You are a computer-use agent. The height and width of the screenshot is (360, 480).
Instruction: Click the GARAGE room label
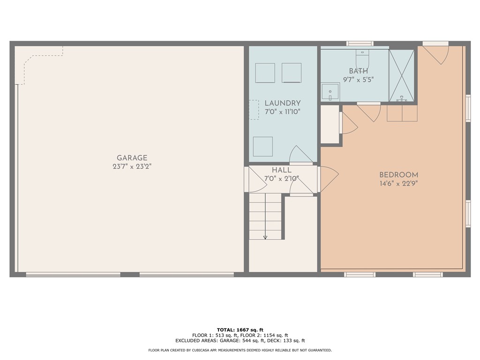point(132,158)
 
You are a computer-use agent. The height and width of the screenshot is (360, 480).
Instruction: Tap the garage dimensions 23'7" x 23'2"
point(132,166)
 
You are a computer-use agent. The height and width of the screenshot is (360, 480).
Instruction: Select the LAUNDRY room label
point(282,103)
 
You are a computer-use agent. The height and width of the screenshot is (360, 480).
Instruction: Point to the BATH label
point(358,71)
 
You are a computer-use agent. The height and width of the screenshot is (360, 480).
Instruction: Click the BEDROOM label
point(398,175)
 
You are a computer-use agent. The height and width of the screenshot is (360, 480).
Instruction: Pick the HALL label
point(282,170)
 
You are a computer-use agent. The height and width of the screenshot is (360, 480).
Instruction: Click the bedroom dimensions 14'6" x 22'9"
point(398,183)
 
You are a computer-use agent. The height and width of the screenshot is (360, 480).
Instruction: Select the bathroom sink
point(330,91)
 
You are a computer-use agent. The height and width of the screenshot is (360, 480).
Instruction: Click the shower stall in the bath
point(402,75)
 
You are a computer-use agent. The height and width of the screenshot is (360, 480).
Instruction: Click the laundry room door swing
point(300,155)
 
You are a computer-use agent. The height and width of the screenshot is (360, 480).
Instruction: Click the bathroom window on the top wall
point(360,44)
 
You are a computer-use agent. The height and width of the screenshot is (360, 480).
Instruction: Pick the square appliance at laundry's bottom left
point(262,146)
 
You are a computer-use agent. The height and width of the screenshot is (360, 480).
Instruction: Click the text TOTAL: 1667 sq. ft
point(240,330)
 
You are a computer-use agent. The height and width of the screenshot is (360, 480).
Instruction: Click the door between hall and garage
point(255,180)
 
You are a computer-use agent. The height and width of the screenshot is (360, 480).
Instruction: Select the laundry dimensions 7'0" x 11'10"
point(282,112)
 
